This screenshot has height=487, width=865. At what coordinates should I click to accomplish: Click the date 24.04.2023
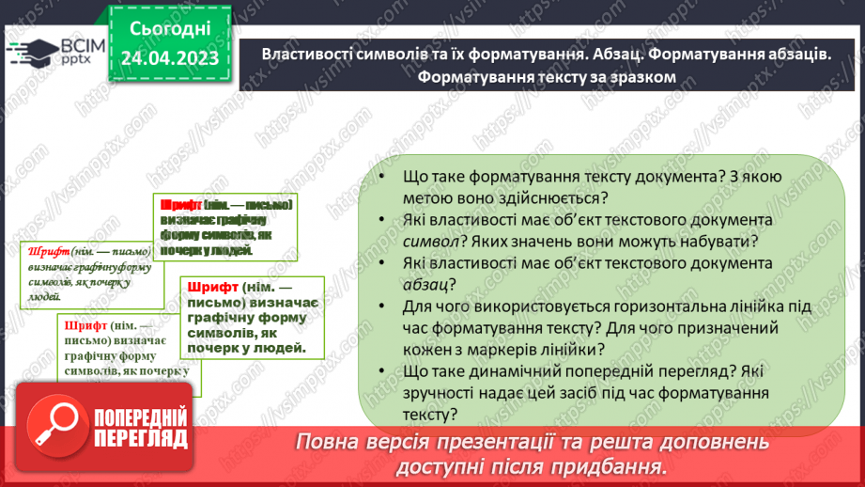coord(170,57)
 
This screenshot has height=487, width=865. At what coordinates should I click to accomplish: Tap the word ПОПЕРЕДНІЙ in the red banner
coord(139,416)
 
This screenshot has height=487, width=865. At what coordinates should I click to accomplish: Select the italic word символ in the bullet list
coord(430,241)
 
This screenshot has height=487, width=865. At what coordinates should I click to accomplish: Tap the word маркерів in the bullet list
coord(488,349)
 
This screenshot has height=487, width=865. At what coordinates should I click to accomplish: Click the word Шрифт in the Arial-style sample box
coord(212,286)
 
